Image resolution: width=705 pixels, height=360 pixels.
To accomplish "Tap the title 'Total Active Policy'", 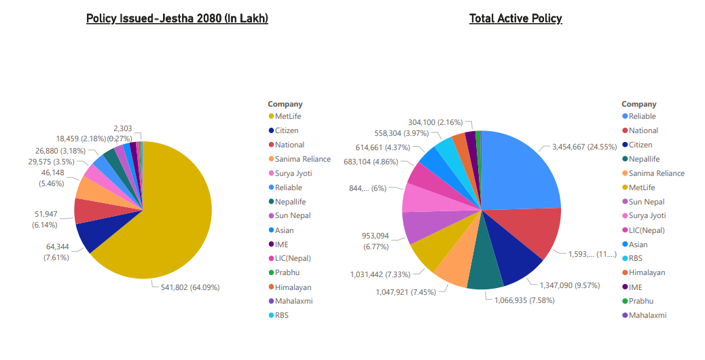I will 516,18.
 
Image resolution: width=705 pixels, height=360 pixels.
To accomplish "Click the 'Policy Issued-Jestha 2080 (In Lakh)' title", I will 177,18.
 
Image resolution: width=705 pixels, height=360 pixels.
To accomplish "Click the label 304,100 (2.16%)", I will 435,122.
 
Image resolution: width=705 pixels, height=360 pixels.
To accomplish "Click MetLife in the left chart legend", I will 288,116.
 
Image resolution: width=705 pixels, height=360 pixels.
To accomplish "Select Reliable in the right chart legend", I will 642,116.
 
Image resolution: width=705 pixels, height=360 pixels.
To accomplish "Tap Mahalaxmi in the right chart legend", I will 647,315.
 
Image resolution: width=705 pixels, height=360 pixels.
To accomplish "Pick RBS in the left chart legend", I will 282,315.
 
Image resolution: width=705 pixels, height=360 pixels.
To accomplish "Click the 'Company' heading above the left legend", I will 285,104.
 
